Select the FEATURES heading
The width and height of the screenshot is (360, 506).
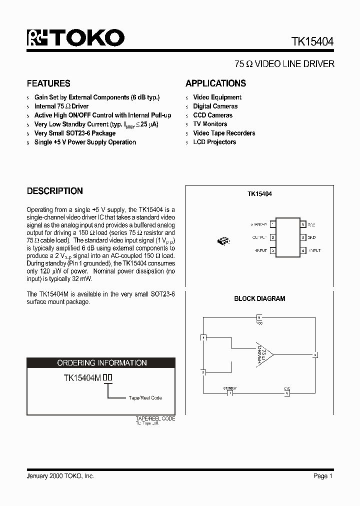click(x=48, y=83)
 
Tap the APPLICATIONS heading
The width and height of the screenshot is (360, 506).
click(x=215, y=83)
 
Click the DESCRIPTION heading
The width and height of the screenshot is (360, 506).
click(x=54, y=191)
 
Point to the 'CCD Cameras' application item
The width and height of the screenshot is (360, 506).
click(x=212, y=115)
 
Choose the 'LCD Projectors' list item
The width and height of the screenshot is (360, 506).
click(x=214, y=142)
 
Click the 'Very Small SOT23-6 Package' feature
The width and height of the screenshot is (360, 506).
click(x=74, y=133)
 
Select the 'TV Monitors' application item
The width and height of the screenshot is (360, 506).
click(x=210, y=124)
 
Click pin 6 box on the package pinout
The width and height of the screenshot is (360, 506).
click(x=302, y=224)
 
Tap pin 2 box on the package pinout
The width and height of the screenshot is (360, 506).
click(x=272, y=237)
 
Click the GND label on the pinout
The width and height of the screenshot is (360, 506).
click(x=312, y=237)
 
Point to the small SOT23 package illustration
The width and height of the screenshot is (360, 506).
click(x=222, y=241)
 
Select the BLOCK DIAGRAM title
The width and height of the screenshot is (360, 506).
click(x=259, y=299)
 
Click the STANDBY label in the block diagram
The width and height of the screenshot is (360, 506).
click(x=229, y=387)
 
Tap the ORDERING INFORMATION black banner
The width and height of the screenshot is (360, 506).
click(x=101, y=363)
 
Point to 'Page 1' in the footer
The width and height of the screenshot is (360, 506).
click(x=323, y=476)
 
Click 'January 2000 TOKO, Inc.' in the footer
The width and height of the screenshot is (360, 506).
click(x=60, y=476)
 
